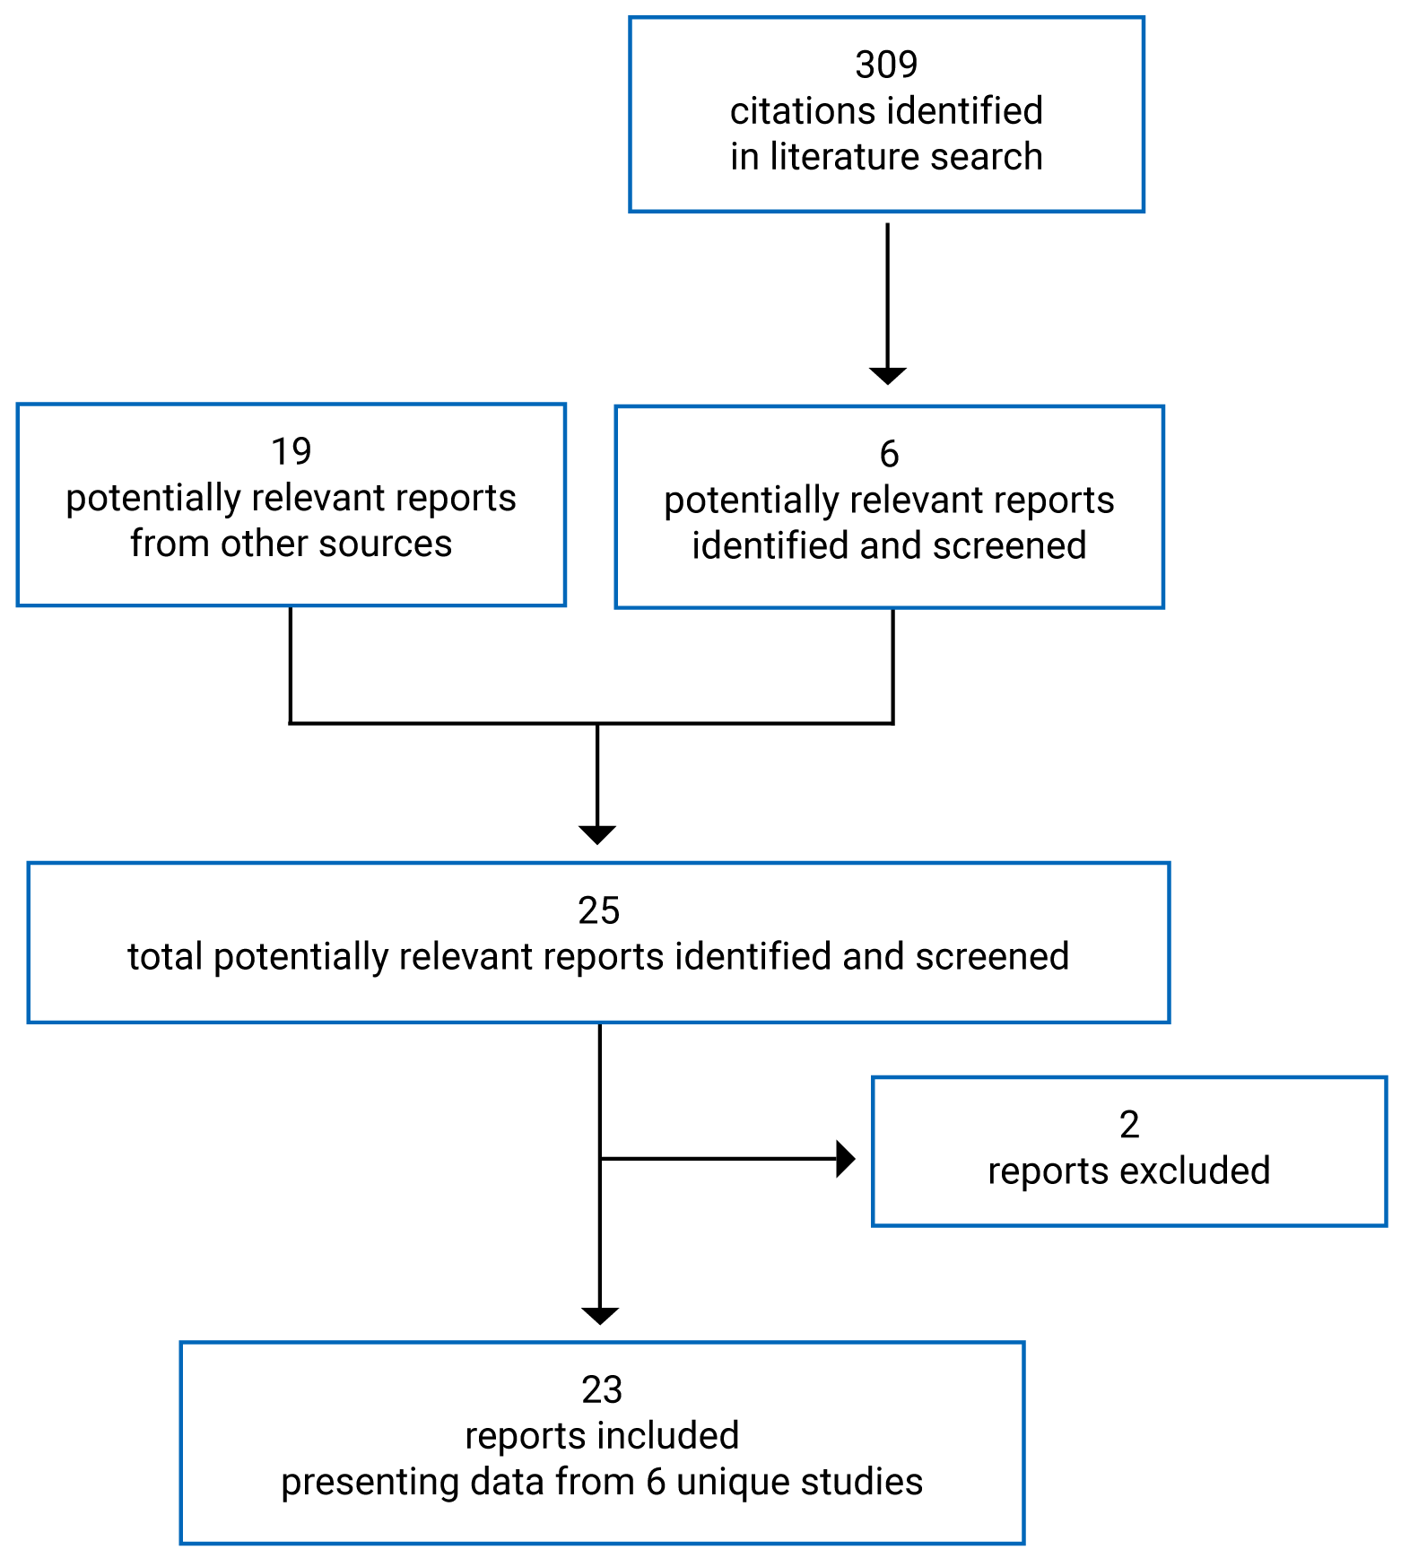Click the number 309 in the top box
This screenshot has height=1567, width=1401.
(886, 65)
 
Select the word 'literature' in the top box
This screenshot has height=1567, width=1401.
(831, 157)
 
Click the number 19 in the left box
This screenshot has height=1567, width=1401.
(291, 451)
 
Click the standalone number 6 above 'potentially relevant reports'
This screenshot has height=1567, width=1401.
(889, 454)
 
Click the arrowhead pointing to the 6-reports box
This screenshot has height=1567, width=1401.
(887, 375)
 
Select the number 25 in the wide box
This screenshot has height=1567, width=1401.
(598, 911)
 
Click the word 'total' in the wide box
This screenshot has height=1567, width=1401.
(165, 957)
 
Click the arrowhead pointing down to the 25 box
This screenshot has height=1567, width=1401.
(597, 834)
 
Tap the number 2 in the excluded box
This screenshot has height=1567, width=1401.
(1129, 1125)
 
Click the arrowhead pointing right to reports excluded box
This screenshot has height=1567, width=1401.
(845, 1159)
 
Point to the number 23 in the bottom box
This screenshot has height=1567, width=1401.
(601, 1390)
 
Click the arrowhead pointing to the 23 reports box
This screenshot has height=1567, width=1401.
(599, 1315)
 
